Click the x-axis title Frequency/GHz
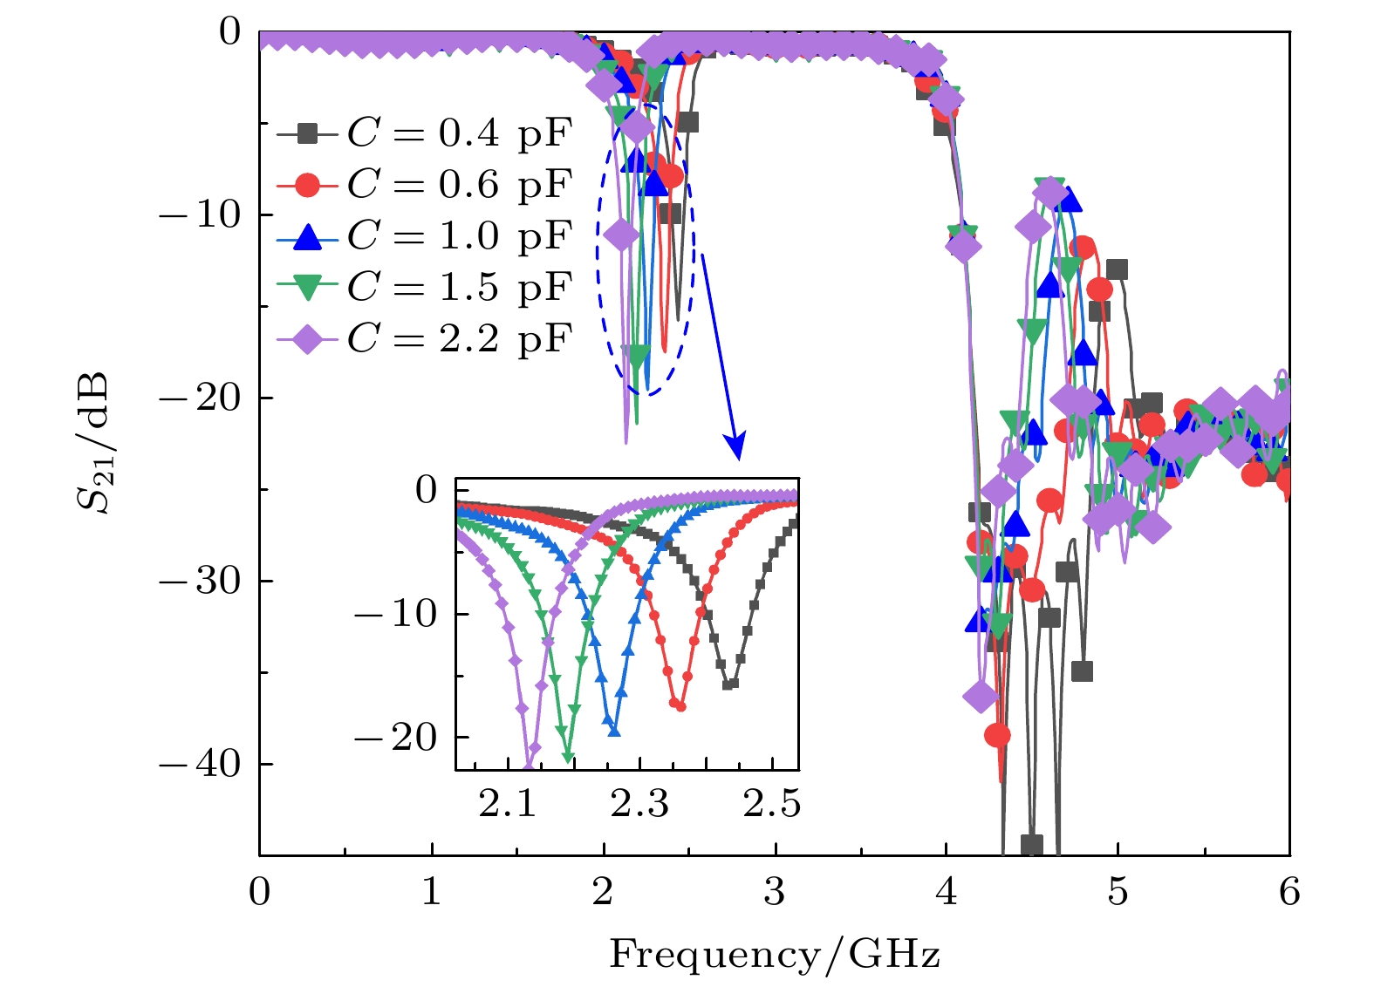(x=775, y=954)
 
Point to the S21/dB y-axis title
(x=92, y=442)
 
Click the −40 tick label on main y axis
(x=200, y=764)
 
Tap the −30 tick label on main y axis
(x=200, y=581)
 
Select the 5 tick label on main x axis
(x=1118, y=892)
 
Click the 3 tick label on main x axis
(x=775, y=892)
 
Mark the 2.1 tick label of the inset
(x=507, y=804)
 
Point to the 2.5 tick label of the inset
(x=772, y=804)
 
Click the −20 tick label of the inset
(x=395, y=739)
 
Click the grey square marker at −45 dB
(x=1032, y=845)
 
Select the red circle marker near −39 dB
(x=997, y=735)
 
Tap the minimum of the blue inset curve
(x=614, y=730)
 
